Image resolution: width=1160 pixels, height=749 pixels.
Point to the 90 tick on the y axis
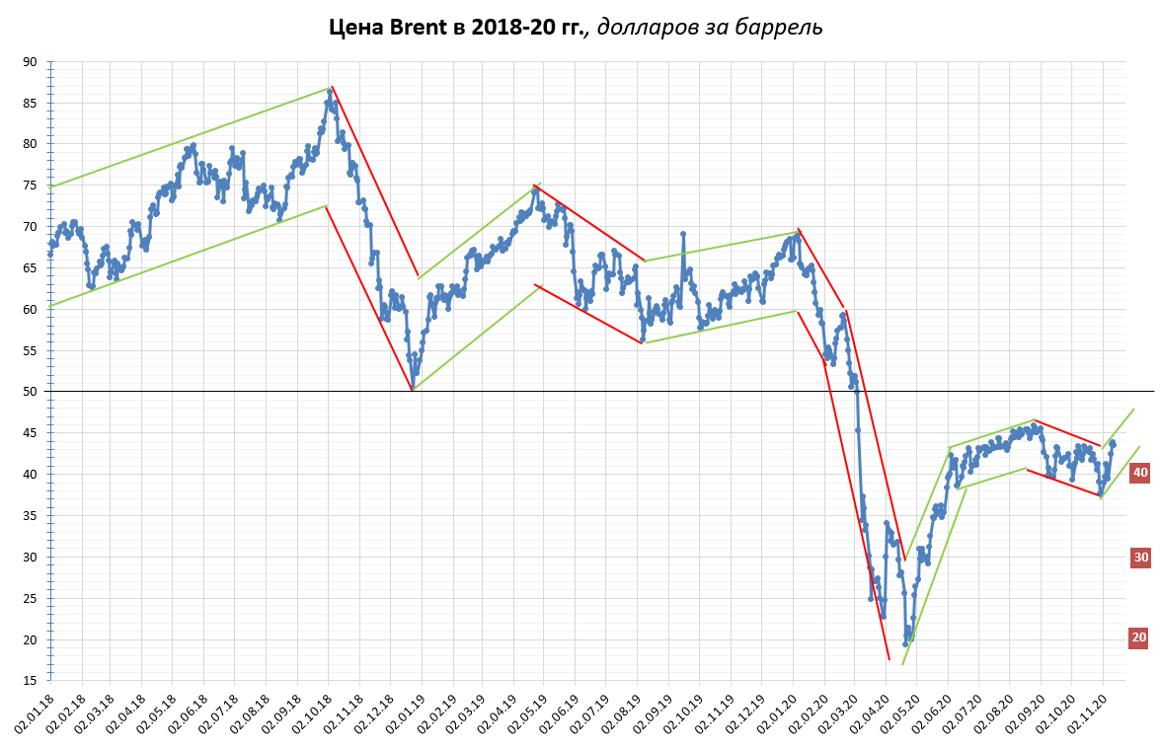click(31, 62)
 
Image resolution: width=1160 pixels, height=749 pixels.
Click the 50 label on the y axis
click(31, 392)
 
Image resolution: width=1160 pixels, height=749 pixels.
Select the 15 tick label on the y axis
click(31, 681)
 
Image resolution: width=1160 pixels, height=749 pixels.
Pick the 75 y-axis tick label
click(31, 186)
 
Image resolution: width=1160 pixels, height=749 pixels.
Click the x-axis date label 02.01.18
click(36, 712)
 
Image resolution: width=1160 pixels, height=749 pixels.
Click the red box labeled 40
click(1139, 474)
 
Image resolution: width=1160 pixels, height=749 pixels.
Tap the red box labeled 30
click(1139, 558)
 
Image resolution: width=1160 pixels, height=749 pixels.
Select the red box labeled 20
click(1139, 637)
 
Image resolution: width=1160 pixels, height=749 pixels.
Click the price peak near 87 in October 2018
click(330, 91)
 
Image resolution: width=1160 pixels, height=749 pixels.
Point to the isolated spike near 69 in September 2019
click(682, 234)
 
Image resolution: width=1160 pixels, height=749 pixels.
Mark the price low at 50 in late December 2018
click(413, 389)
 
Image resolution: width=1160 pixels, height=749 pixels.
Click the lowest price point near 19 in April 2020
click(904, 643)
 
